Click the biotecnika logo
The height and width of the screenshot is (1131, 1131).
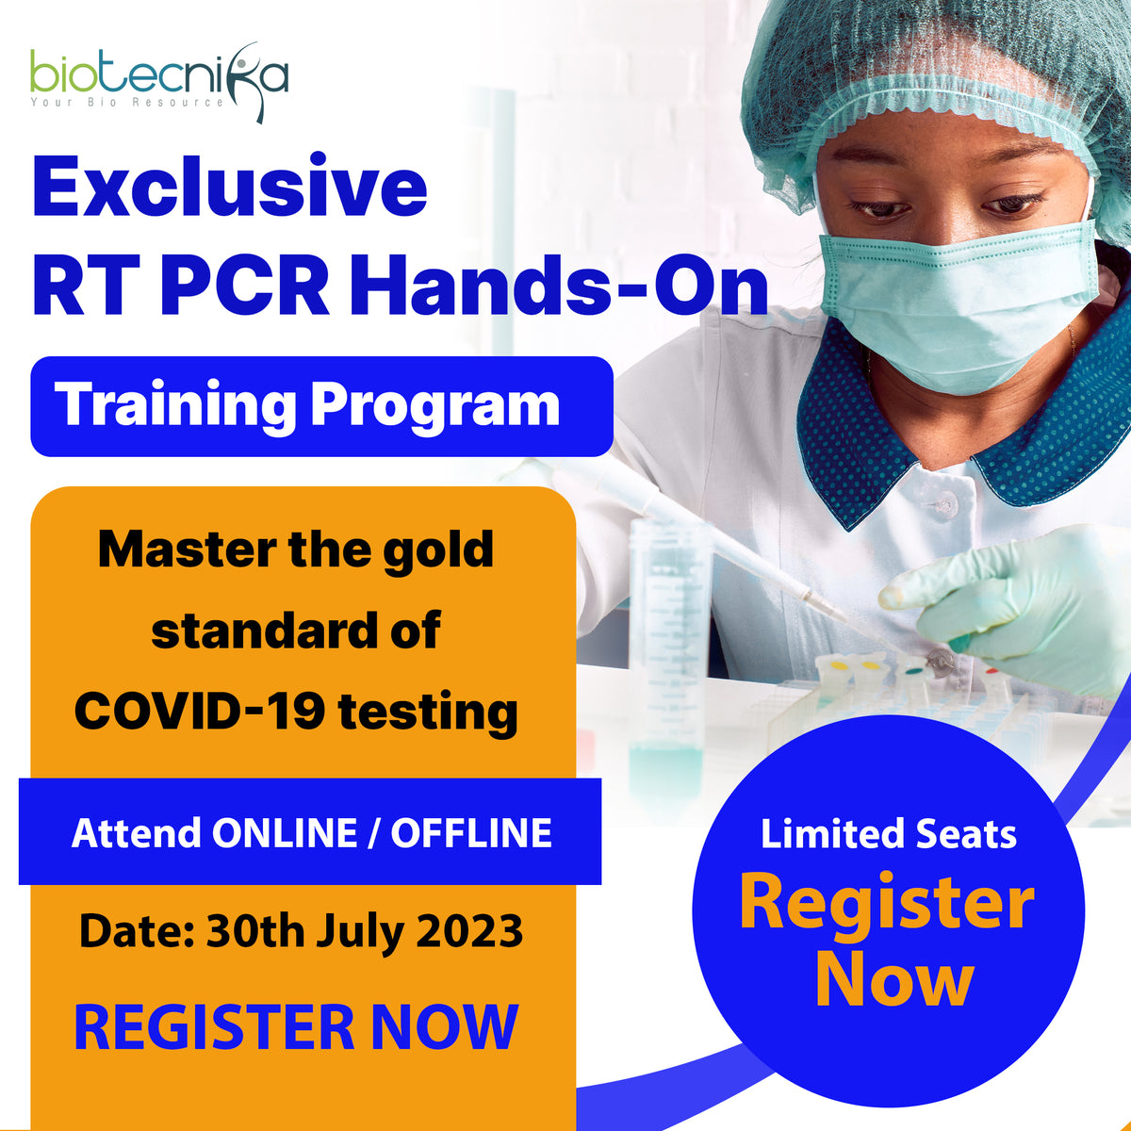tap(158, 80)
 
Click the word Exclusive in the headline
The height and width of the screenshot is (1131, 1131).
tap(230, 188)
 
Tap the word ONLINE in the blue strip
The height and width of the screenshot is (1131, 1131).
tap(283, 833)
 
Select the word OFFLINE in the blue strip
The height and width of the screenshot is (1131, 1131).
tap(471, 833)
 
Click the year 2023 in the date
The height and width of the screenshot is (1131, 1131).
tap(469, 931)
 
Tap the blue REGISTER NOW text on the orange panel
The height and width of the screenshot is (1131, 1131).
tap(296, 1027)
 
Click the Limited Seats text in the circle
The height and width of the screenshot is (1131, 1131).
tap(888, 834)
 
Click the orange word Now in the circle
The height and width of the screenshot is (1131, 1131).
tap(893, 980)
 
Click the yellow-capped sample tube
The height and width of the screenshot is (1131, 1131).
tap(838, 668)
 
